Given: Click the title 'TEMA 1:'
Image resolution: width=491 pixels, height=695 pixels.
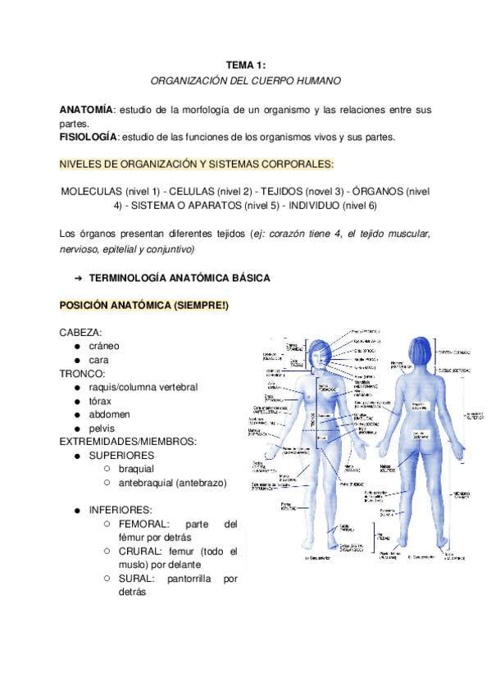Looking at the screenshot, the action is click(246, 65).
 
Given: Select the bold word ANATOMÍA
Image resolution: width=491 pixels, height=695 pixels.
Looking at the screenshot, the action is click(85, 110).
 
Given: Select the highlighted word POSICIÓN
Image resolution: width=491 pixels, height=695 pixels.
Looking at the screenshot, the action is click(88, 306).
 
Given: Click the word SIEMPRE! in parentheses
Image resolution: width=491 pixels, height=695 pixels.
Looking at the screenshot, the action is click(206, 306).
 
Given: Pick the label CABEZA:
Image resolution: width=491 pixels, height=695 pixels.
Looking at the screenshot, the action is click(80, 333).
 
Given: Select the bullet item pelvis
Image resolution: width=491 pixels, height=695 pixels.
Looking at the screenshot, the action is click(102, 428).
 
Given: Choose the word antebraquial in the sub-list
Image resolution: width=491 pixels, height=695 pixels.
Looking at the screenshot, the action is click(144, 483).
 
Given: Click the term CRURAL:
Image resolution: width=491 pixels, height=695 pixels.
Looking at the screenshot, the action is click(140, 551).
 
